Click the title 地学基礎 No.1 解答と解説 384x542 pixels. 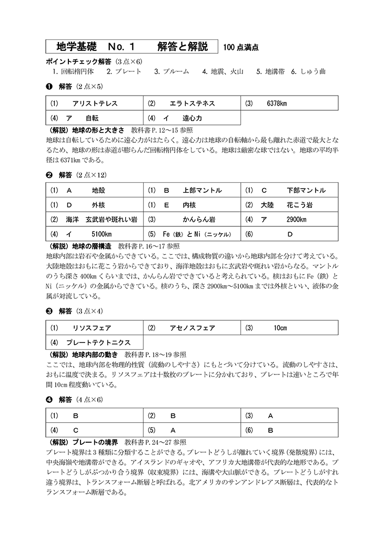pyautogui.click(x=132, y=46)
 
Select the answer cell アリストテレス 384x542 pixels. pyautogui.click(x=95, y=103)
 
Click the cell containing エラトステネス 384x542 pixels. pyautogui.click(x=192, y=103)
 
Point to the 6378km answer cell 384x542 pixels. pyautogui.click(x=289, y=103)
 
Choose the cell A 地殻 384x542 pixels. pyautogui.click(x=95, y=190)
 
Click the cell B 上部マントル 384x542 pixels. pyautogui.click(x=192, y=190)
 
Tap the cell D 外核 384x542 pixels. pyautogui.click(x=95, y=205)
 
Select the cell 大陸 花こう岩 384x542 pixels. pyautogui.click(x=289, y=205)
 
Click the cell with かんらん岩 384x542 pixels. pyautogui.click(x=192, y=219)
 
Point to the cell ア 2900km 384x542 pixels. pyautogui.click(x=289, y=219)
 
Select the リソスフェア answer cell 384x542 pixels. pyautogui.click(x=95, y=328)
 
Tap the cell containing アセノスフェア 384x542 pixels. pyautogui.click(x=192, y=328)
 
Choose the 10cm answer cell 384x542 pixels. pyautogui.click(x=289, y=328)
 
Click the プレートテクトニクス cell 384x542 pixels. pyautogui.click(x=95, y=342)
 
